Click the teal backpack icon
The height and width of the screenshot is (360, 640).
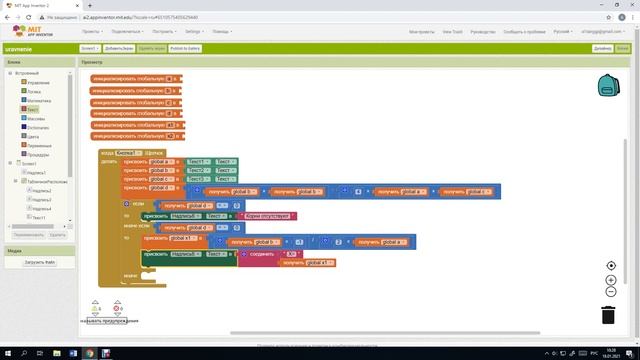click(607, 85)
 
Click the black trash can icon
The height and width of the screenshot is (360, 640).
click(608, 314)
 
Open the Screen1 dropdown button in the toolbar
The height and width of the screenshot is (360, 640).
click(89, 48)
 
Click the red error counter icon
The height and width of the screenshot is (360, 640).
click(117, 307)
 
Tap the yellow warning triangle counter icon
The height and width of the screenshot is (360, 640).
click(96, 307)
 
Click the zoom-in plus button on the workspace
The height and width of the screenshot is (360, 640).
click(611, 280)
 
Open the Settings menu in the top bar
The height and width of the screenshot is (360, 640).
click(200, 32)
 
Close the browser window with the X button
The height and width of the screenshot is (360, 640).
click(629, 5)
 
